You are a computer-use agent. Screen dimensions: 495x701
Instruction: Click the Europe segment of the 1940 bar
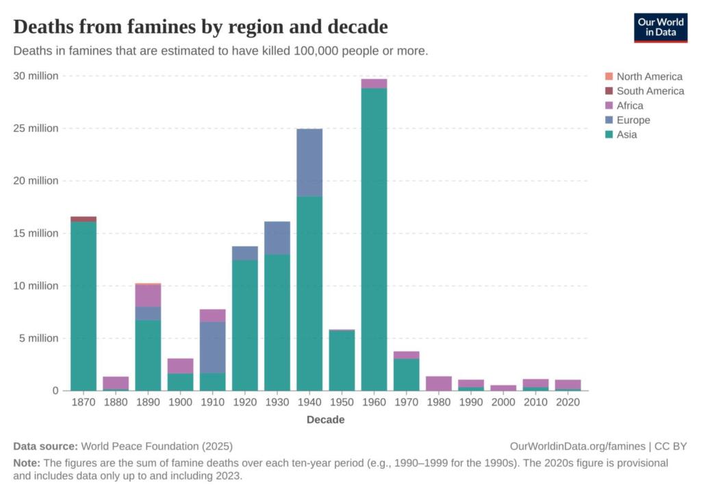coord(309,163)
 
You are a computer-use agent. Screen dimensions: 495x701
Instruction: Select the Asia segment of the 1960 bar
coord(374,240)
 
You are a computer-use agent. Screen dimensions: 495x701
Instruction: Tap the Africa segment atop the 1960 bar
coord(374,84)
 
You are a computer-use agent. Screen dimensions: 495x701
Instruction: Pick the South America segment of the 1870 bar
coord(84,219)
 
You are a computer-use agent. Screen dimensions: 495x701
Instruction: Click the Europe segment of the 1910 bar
coord(213,347)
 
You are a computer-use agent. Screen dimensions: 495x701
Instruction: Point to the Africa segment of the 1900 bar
coord(181,366)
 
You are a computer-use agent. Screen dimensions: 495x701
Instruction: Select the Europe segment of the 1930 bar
coord(277,238)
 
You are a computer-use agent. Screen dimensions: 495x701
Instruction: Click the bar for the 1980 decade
coord(439,383)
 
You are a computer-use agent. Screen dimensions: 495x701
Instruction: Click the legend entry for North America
coord(649,77)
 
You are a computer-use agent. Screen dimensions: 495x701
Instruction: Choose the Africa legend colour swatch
coord(609,105)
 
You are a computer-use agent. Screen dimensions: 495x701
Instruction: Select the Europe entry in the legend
coord(633,120)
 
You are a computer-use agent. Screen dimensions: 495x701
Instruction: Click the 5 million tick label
coord(39,338)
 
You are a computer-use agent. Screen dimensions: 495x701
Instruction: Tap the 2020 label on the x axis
coord(568,403)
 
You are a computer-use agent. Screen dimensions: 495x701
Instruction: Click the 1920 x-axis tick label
coord(245,403)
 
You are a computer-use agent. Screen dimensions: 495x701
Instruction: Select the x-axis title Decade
coord(325,420)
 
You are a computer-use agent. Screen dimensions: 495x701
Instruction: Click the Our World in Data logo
coord(660,27)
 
